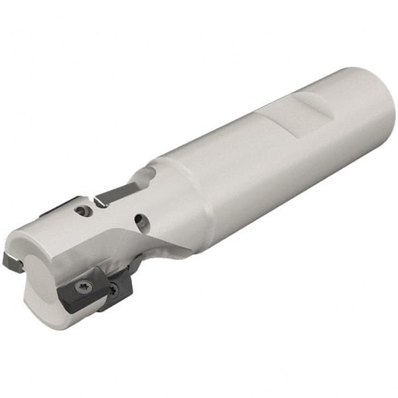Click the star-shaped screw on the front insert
[x=82, y=287]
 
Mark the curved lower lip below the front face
[x=46, y=318]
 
